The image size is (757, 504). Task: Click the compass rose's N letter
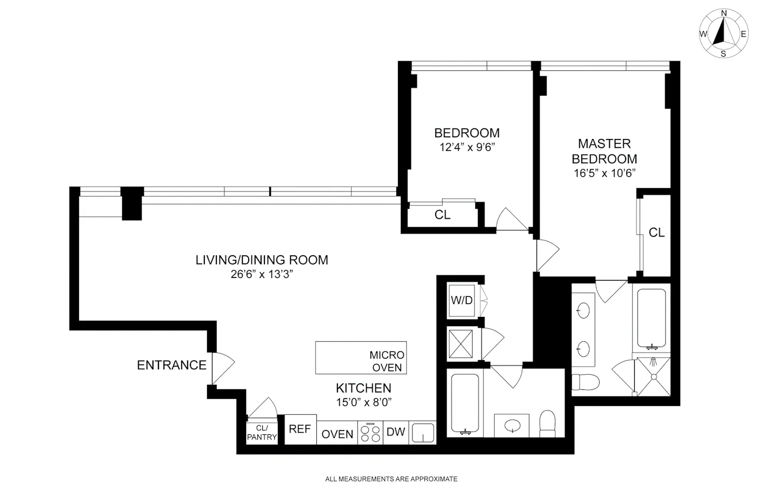[x=723, y=13]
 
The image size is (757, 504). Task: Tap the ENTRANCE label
[x=171, y=365]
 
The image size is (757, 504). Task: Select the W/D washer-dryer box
[x=462, y=300]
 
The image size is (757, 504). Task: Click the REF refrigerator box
[x=300, y=429]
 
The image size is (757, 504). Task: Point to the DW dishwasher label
[x=396, y=432]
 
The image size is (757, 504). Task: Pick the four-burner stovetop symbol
[x=370, y=433]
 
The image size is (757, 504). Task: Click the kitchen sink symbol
[x=423, y=433]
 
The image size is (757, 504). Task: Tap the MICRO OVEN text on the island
[x=387, y=361]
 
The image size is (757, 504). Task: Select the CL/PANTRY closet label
[x=262, y=433]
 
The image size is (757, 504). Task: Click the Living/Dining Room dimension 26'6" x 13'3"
[x=262, y=274]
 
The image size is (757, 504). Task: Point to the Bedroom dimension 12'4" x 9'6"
[x=467, y=147]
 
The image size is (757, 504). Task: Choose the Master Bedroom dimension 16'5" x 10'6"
[x=604, y=173]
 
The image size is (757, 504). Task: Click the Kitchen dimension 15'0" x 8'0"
[x=363, y=402]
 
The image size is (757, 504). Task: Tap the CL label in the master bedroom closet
[x=656, y=233]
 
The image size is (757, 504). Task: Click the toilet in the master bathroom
[x=586, y=382]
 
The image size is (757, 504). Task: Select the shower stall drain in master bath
[x=653, y=377]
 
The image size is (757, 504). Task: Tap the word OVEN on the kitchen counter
[x=337, y=434]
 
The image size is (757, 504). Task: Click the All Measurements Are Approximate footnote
[x=391, y=479]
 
